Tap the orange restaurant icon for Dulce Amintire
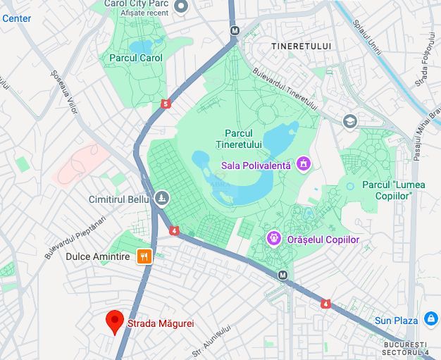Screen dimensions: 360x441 point(144,256)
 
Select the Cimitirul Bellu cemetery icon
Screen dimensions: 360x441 point(163,199)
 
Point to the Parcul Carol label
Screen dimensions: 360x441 point(136,58)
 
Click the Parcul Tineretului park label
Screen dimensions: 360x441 point(243,139)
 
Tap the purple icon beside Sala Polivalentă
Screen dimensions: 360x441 point(304,165)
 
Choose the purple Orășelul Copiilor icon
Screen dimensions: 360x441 point(273,240)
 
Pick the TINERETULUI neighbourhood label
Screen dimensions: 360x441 point(301,46)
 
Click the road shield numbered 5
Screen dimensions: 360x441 point(166,104)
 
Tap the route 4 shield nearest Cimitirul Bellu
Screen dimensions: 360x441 point(174,230)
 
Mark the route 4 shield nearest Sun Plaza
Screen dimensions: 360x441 point(326,304)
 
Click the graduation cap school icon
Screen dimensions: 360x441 point(350,121)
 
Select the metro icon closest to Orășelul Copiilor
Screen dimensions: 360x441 point(283,275)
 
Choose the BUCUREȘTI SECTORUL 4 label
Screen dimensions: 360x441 point(405,347)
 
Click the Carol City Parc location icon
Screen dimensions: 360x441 point(181,6)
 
